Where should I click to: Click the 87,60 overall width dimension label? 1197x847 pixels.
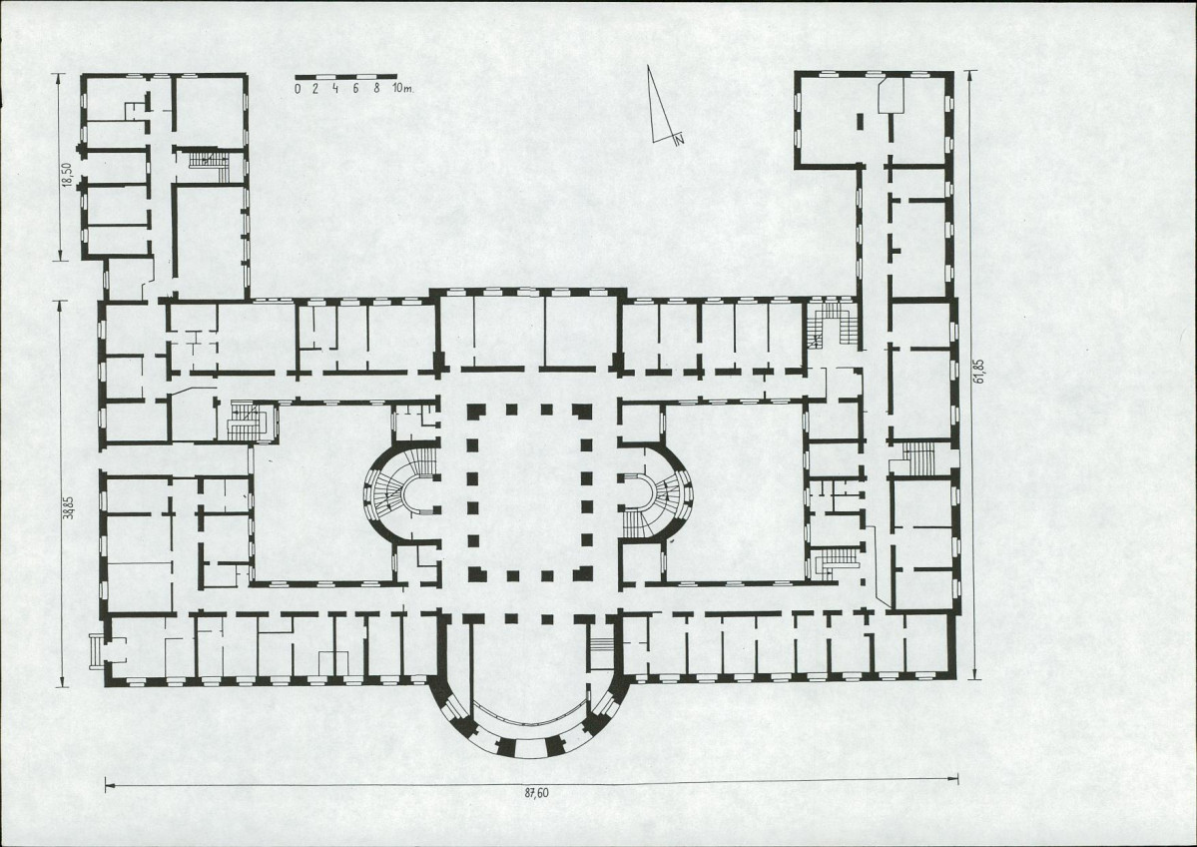point(537,793)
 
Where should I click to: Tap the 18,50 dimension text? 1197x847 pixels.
point(67,174)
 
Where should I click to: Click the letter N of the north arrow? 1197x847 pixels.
point(679,140)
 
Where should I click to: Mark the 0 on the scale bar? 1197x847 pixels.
point(298,89)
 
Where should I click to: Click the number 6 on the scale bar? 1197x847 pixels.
point(355,89)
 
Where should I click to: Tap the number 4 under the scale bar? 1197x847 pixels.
point(335,89)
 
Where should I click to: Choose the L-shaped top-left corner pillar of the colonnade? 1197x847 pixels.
point(476,411)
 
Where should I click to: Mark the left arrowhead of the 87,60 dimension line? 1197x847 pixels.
point(107,784)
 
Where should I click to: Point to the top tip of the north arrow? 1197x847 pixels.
point(650,66)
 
